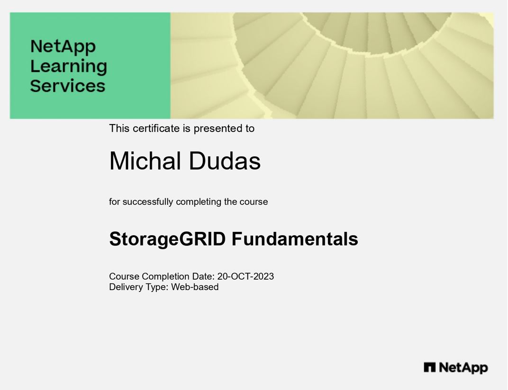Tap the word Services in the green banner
(x=68, y=86)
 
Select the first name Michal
(x=145, y=161)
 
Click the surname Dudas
(x=225, y=161)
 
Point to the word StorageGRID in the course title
(x=167, y=239)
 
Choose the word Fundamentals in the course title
(x=295, y=239)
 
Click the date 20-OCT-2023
(x=245, y=276)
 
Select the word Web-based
(x=195, y=287)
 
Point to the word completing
(x=199, y=202)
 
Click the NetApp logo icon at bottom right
(x=430, y=367)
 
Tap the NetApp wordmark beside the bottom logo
(x=463, y=368)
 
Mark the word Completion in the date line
(x=165, y=277)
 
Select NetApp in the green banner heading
(x=63, y=47)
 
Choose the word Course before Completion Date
(x=124, y=276)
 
